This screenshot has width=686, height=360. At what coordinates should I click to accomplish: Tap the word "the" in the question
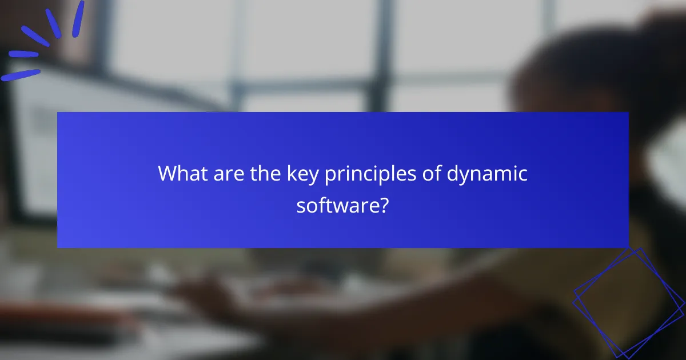pos(261,173)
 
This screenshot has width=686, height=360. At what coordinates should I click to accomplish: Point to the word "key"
pos(299,174)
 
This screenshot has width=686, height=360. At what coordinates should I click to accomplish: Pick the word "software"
pos(337,205)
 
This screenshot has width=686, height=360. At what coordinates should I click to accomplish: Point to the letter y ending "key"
pos(312,176)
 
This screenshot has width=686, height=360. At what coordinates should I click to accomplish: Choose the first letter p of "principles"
pos(330,175)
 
